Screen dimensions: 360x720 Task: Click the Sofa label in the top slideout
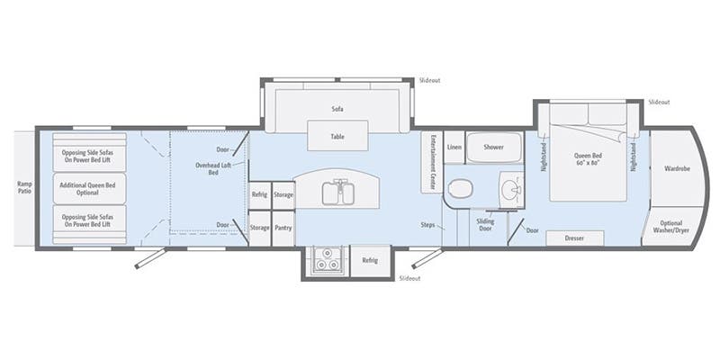pos(337,109)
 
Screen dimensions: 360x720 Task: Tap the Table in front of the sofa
pos(337,137)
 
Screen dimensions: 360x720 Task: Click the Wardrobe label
pos(677,168)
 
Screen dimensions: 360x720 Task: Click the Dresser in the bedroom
pos(577,238)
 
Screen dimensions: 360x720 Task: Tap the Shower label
pos(493,147)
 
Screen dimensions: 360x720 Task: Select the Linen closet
pos(454,147)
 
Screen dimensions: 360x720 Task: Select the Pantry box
pos(283,228)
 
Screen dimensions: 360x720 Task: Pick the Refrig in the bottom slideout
pos(368,260)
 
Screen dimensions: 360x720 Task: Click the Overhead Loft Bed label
pos(207,168)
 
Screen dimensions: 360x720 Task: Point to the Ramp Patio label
pos(24,188)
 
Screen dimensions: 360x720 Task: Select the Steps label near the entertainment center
pos(428,224)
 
